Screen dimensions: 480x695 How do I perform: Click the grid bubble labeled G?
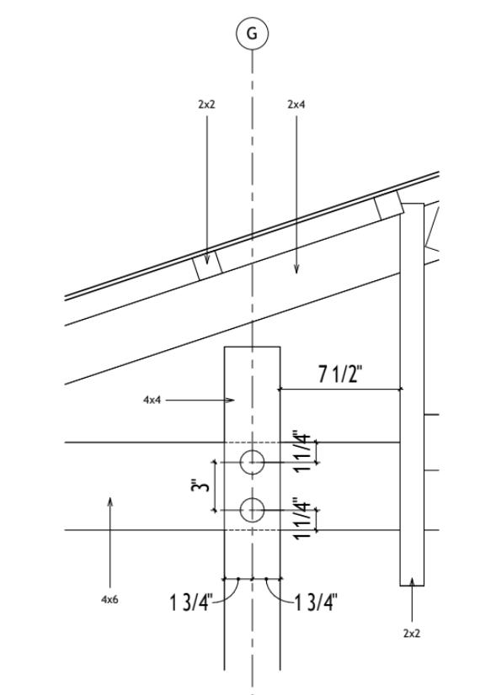252,34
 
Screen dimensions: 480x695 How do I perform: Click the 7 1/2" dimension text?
340,374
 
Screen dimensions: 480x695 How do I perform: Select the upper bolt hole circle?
252,462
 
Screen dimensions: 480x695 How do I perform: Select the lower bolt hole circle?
252,510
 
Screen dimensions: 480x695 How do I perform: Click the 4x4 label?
152,401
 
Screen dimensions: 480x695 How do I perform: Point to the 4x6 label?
109,600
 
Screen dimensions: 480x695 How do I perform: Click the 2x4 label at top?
296,104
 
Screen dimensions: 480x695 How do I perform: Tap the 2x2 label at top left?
206,104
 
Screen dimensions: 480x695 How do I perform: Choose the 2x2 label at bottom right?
412,634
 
